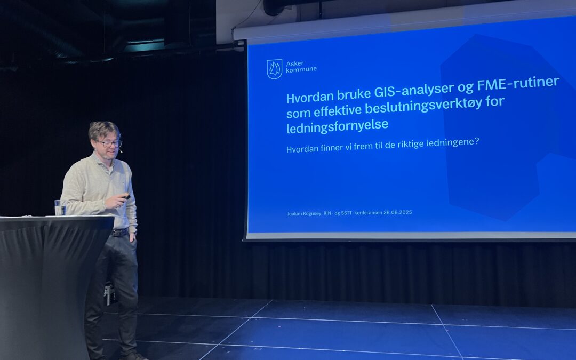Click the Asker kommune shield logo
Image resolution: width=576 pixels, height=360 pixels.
pos(274,69)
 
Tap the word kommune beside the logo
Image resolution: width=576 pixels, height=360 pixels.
pos(301,70)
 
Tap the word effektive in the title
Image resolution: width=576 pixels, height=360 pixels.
pos(331,110)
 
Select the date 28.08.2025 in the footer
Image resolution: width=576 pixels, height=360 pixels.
pos(397,212)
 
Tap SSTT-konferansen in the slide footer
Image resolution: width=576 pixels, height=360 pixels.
pos(361,213)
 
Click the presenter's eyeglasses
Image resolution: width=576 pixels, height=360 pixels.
pos(109,143)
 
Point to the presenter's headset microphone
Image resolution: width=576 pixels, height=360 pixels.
pos(121,151)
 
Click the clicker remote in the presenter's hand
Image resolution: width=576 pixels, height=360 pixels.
pos(126,196)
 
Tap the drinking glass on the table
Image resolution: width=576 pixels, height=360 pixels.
pos(58,207)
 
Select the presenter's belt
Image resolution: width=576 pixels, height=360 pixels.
pos(120,233)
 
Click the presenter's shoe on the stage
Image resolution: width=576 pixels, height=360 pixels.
pos(134,356)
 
